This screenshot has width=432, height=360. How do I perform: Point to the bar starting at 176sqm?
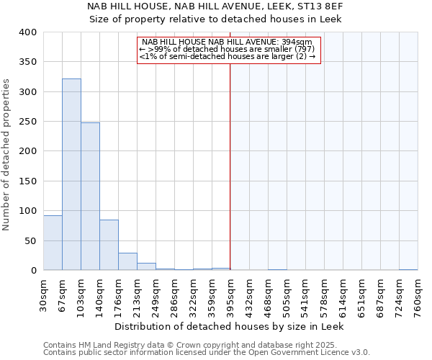click(x=127, y=261)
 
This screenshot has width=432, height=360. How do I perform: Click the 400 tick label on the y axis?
click(x=28, y=32)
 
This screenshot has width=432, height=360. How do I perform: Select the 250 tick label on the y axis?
click(x=28, y=122)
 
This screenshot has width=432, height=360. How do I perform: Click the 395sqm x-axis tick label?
click(x=230, y=295)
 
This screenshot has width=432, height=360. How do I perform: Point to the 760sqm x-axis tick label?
click(x=418, y=295)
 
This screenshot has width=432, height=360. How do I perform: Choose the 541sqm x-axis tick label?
click(x=305, y=295)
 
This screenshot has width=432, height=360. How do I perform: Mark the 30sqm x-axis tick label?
click(x=43, y=295)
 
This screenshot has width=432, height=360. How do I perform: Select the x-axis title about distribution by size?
click(x=230, y=326)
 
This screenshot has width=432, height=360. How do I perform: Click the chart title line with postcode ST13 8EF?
click(x=215, y=6)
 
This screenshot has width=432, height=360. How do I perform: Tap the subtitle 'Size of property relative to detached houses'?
click(x=215, y=19)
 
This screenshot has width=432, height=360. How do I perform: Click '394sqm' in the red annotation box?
click(x=297, y=42)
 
